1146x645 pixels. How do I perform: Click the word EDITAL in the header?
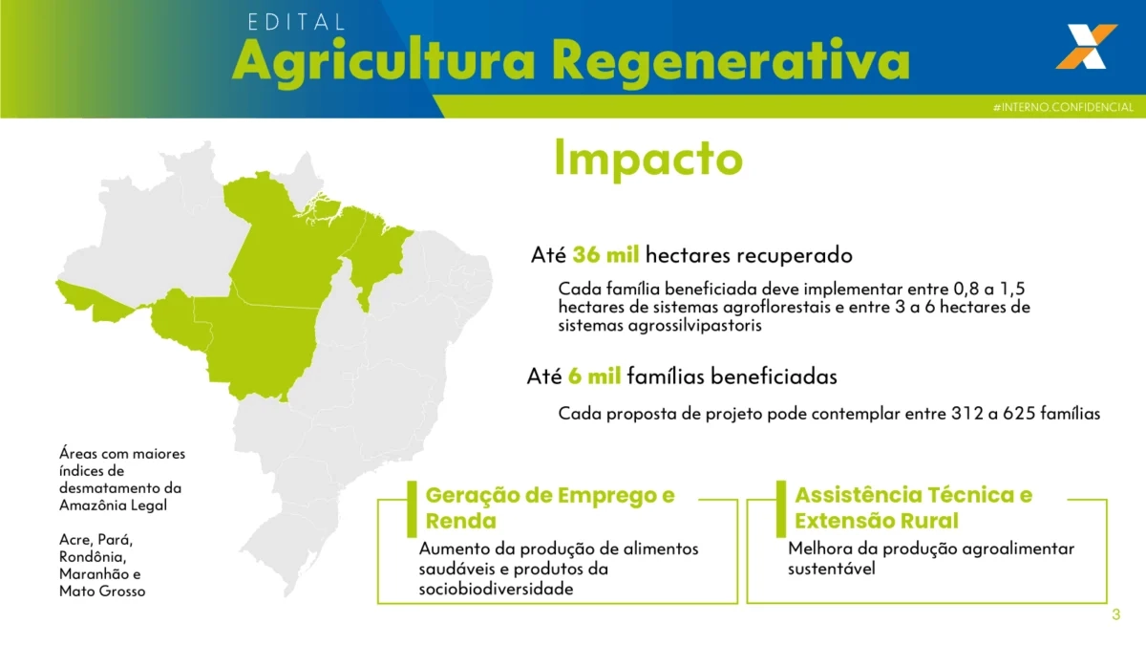click(x=296, y=22)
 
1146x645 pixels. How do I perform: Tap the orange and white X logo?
click(x=1086, y=46)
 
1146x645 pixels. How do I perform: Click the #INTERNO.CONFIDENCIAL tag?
click(x=1063, y=107)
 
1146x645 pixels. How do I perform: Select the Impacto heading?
click(x=648, y=160)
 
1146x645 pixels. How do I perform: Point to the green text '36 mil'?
click(x=605, y=255)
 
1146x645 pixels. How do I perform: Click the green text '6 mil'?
click(x=594, y=376)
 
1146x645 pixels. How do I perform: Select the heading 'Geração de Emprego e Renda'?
click(x=550, y=507)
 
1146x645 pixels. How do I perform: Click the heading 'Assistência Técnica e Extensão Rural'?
click(x=913, y=507)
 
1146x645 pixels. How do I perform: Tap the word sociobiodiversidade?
click(x=496, y=589)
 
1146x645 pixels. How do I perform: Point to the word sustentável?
click(x=832, y=569)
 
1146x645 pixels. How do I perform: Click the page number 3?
click(x=1116, y=614)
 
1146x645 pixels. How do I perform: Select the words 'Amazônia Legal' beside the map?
click(x=113, y=505)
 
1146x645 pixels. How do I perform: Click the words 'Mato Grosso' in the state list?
click(x=102, y=591)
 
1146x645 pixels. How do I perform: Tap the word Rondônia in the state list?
click(x=93, y=557)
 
